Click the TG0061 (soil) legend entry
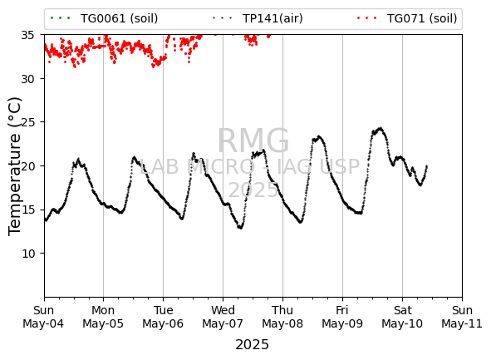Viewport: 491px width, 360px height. coord(104,18)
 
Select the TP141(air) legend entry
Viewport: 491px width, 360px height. coord(258,18)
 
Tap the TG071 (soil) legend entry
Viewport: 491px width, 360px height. coord(407,18)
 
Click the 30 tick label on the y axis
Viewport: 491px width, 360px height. coord(27,79)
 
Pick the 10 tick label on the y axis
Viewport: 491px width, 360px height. coord(27,254)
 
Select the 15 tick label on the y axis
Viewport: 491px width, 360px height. coord(27,210)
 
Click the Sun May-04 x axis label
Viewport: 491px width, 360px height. coord(43,317)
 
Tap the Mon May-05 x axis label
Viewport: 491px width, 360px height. coord(103,317)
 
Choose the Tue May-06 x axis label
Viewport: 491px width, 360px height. coord(163,317)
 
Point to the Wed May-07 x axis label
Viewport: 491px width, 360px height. coord(223,317)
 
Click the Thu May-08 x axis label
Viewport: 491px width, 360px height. coord(282,317)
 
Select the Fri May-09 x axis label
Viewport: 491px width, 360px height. coord(342,317)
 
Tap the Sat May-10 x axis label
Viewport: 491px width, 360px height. coord(402,317)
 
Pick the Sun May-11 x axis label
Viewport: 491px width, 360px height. coord(462,317)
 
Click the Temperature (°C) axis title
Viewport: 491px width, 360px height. coord(15,166)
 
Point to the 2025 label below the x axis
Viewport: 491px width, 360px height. coord(252,345)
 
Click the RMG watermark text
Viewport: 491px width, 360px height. coord(253,141)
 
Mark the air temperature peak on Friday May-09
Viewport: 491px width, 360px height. coord(381,128)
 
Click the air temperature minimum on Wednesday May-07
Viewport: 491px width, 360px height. coord(240,228)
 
